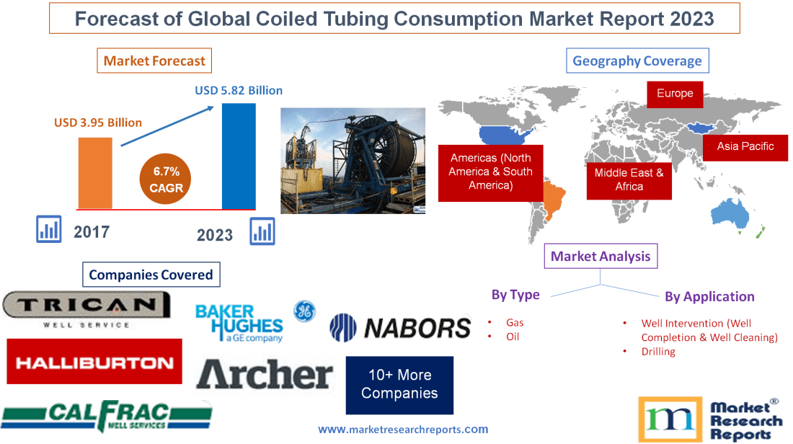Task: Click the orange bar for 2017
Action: click(x=95, y=172)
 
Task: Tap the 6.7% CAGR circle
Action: click(x=167, y=180)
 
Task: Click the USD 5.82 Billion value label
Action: click(x=239, y=91)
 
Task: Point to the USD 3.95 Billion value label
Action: click(x=98, y=123)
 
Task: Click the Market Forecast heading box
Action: click(x=154, y=61)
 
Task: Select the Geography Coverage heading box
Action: click(x=637, y=61)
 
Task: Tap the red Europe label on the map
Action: click(x=674, y=94)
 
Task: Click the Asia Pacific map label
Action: click(x=745, y=146)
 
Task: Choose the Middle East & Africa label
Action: click(x=629, y=179)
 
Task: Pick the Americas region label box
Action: click(x=490, y=172)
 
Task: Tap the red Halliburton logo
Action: click(x=94, y=362)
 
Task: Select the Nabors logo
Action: click(x=400, y=329)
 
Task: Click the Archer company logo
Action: click(x=265, y=375)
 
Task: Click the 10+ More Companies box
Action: click(x=399, y=384)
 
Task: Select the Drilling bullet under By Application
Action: click(x=657, y=352)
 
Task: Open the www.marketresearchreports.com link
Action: click(x=403, y=430)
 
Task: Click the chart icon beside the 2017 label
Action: click(x=49, y=230)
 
